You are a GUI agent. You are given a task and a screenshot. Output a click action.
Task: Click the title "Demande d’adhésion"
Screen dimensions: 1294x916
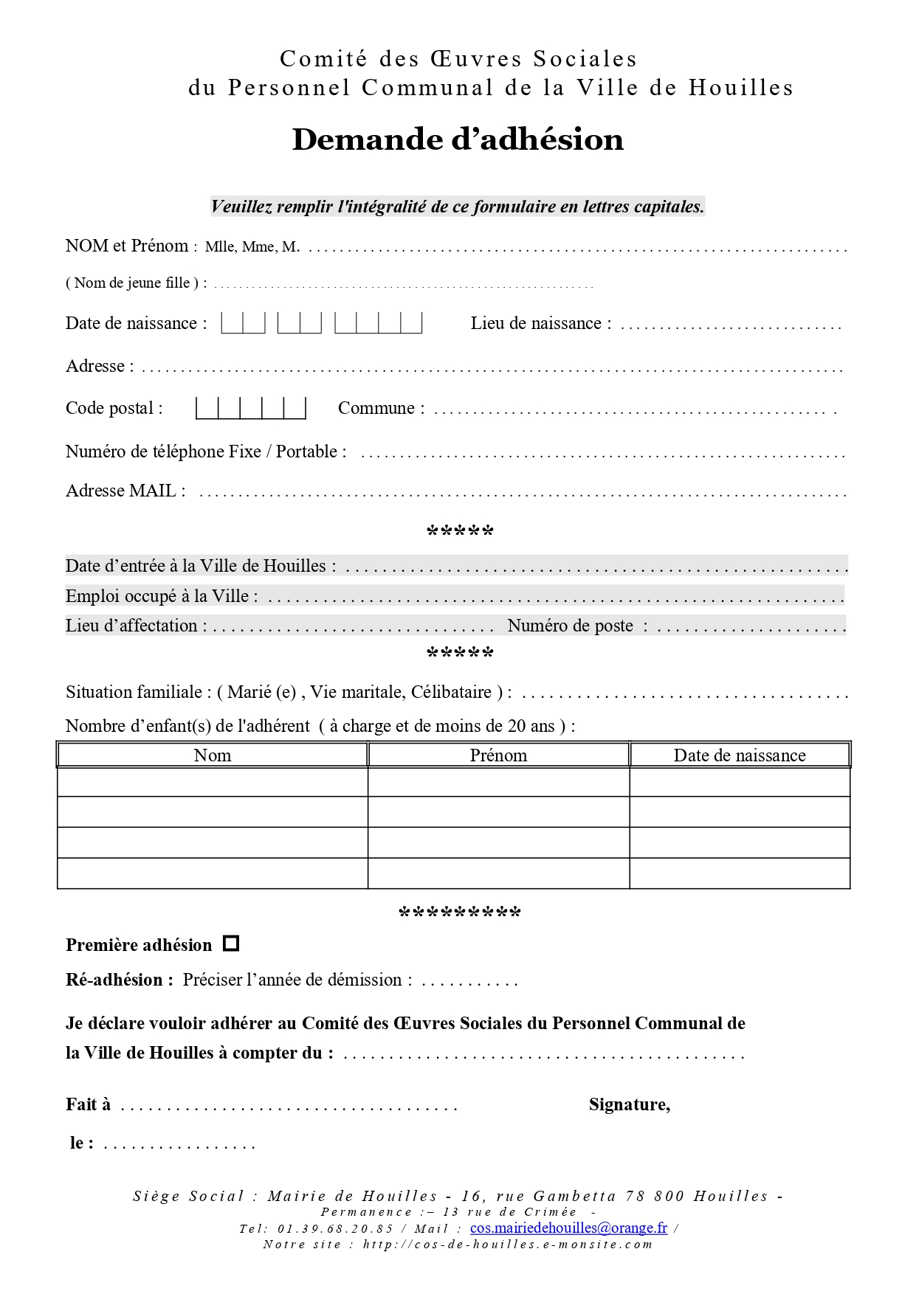pos(458,139)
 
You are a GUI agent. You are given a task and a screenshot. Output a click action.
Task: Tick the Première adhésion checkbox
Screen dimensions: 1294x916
pos(231,944)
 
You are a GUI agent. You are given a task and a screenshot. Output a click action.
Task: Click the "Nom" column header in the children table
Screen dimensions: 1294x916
pos(213,755)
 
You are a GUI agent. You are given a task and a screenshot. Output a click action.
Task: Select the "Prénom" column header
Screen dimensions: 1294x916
pos(498,755)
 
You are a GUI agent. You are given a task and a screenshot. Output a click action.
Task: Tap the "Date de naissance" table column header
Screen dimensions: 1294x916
pos(740,755)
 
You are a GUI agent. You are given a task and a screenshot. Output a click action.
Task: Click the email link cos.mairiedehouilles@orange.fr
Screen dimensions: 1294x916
pos(568,1228)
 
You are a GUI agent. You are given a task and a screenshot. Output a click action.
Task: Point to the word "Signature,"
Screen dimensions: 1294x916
pos(630,1104)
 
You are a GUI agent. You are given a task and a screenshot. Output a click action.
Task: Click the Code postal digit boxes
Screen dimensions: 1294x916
pos(251,408)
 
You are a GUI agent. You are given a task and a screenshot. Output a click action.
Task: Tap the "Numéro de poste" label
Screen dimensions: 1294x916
pos(570,626)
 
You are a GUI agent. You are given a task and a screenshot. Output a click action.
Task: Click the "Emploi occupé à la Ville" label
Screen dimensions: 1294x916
pos(162,596)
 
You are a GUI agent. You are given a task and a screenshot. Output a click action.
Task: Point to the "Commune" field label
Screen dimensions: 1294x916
pos(381,408)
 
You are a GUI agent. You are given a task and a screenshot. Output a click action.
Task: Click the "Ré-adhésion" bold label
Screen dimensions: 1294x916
pos(119,980)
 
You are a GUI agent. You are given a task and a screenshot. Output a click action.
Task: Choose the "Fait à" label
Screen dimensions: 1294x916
pos(88,1104)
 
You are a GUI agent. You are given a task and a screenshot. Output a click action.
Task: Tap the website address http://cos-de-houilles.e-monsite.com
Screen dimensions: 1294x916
pos(508,1245)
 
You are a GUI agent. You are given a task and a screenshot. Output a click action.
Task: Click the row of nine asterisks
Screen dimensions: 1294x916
pos(459,913)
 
